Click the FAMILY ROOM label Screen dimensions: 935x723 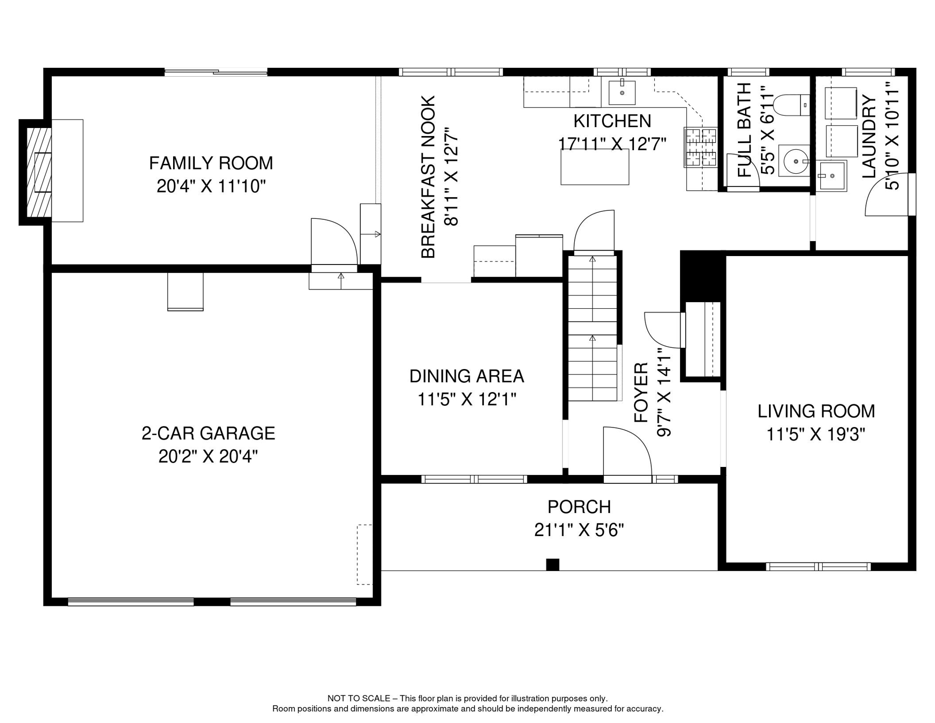point(211,163)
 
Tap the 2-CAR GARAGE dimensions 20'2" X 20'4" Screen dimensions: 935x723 point(208,457)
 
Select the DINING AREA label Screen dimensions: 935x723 point(467,376)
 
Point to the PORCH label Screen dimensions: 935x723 point(579,507)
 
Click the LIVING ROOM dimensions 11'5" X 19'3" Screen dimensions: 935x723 point(816,434)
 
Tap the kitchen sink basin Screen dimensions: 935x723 point(622,93)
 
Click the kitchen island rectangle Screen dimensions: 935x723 point(594,167)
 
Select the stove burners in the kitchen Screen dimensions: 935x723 point(700,147)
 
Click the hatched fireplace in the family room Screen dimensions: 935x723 point(39,172)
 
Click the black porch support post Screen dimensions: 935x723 point(553,564)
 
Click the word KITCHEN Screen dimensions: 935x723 point(612,121)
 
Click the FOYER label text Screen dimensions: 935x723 point(641,393)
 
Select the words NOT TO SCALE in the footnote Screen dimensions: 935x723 point(359,699)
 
